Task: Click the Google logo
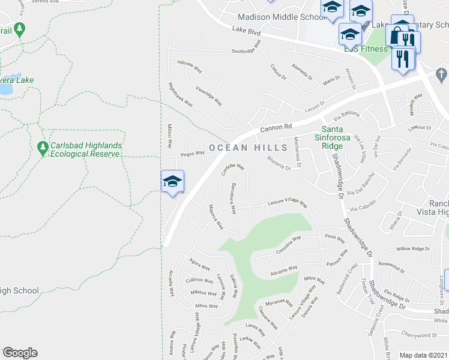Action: (20, 353)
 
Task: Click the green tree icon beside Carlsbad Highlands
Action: (42, 147)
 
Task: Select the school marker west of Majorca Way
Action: (172, 181)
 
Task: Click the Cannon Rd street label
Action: (276, 127)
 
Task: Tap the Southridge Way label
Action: (247, 48)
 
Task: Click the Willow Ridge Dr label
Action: (414, 248)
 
